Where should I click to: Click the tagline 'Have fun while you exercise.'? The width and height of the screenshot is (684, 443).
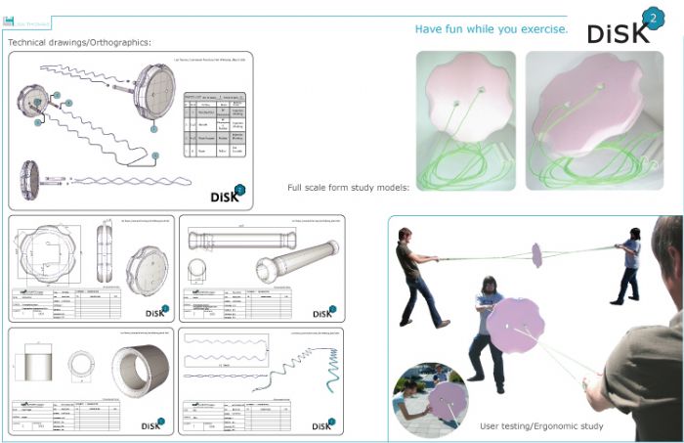click(492, 29)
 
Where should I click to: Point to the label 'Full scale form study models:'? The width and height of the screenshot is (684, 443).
click(348, 187)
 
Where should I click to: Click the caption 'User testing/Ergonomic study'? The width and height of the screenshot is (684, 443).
click(541, 426)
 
